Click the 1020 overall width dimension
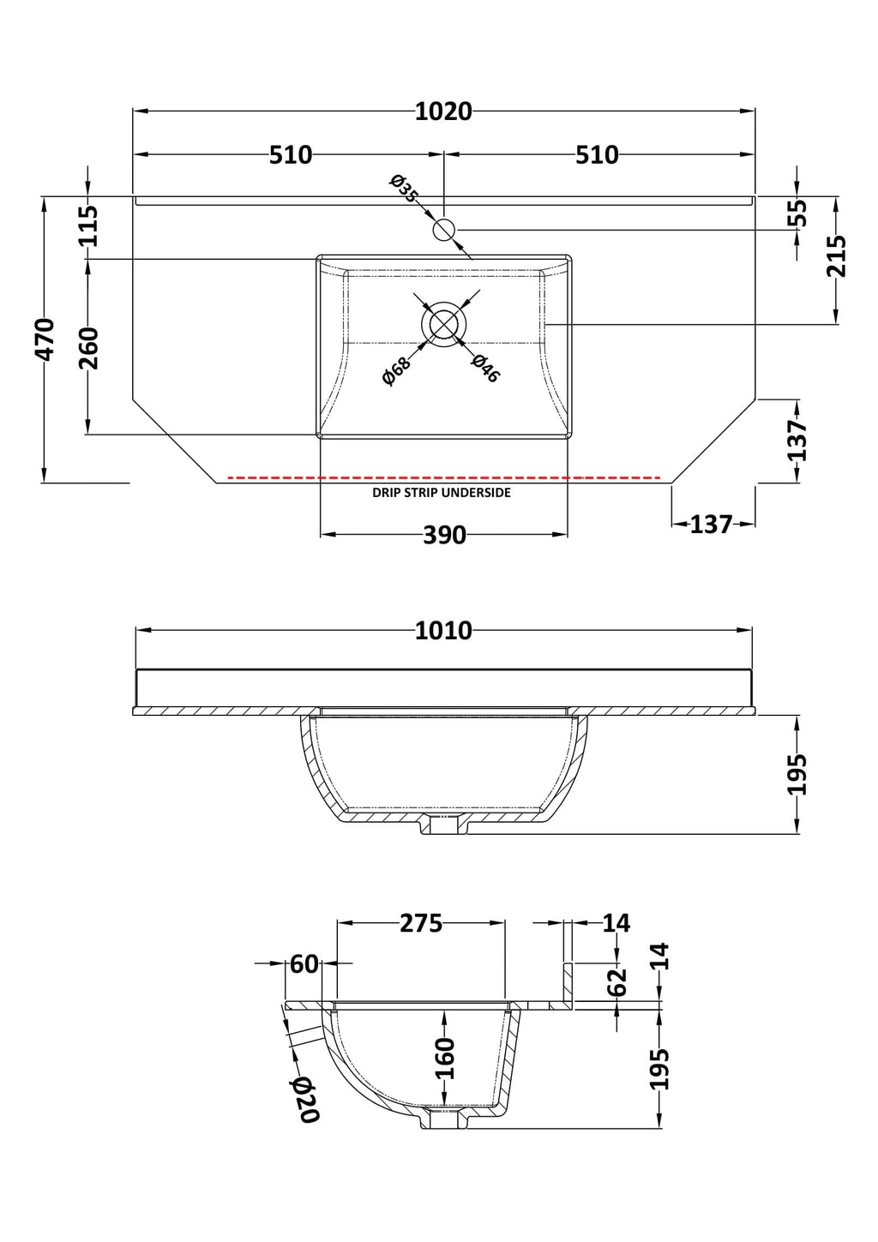443,112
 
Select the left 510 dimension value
291,155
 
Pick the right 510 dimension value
597,155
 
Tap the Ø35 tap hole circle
443,229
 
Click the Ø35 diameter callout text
405,189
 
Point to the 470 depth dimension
45,339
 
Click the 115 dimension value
87,225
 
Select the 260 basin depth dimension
87,348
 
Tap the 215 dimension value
836,256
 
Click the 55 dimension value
797,213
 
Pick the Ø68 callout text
397,370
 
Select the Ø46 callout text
484,369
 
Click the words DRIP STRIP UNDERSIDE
442,492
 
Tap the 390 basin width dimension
444,535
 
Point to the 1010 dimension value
443,630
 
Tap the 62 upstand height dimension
616,982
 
